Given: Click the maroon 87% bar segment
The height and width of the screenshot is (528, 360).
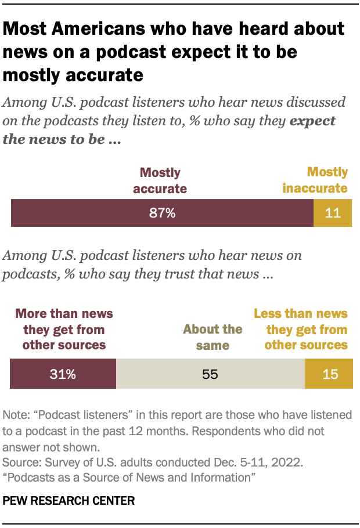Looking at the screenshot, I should coord(162,213).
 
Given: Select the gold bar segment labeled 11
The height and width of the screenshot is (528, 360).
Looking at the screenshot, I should coord(333,213).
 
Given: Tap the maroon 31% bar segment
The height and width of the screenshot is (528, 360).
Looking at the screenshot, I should coord(63,374).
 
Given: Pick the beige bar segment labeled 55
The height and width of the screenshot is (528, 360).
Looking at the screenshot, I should coord(210,374).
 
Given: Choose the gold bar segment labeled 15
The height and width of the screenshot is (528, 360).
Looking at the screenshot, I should coord(329,374).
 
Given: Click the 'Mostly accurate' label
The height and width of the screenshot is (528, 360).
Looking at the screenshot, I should coord(160,180).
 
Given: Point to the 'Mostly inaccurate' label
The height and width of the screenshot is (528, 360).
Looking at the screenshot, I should coord(315,180).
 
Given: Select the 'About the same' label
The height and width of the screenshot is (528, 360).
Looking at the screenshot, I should coord(213,337).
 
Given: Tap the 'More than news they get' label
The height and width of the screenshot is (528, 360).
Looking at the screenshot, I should coord(64,329).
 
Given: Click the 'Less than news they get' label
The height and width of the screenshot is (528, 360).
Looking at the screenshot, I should coord(301,329).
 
